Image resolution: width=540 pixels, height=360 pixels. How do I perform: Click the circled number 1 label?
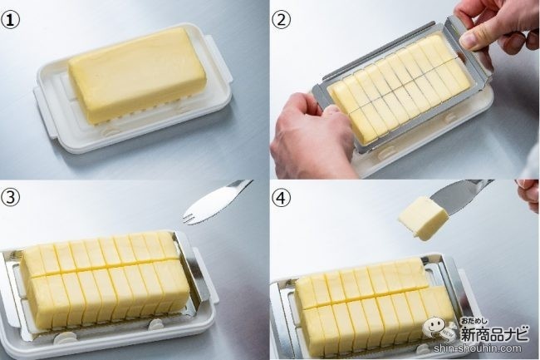[x=10, y=20]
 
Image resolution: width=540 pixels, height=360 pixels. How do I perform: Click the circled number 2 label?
[x=282, y=20]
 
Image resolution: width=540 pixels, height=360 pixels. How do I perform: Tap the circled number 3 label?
[x=10, y=198]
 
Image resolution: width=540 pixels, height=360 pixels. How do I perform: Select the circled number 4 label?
[x=282, y=198]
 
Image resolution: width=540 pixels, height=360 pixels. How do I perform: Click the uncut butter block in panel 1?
[x=138, y=74]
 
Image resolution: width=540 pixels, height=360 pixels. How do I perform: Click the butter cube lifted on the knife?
[x=423, y=218]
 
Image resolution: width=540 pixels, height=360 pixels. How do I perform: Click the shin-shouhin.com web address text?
[x=477, y=348]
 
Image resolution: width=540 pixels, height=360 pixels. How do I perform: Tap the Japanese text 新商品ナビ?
[x=494, y=333]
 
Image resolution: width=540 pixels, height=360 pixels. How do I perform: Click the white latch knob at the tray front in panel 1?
[x=108, y=131]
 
